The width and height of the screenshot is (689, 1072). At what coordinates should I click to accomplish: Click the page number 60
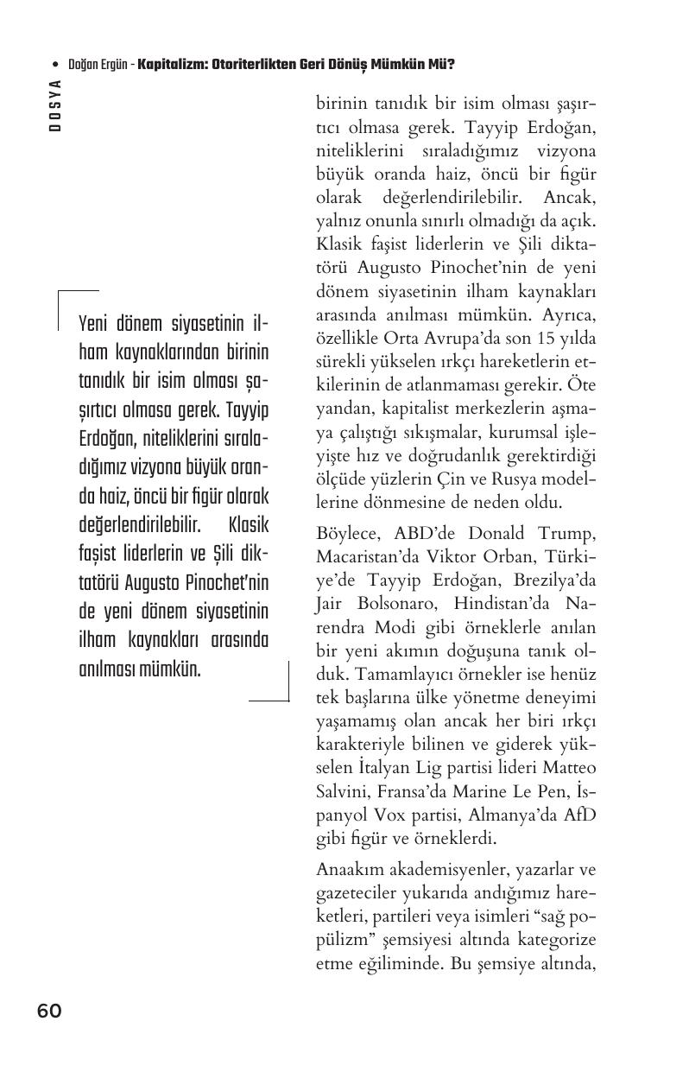49,1011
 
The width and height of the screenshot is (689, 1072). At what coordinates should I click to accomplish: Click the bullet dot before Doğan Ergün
55,65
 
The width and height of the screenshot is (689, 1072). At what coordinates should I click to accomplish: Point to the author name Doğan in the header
84,65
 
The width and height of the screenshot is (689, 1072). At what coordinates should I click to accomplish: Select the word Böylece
347,532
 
